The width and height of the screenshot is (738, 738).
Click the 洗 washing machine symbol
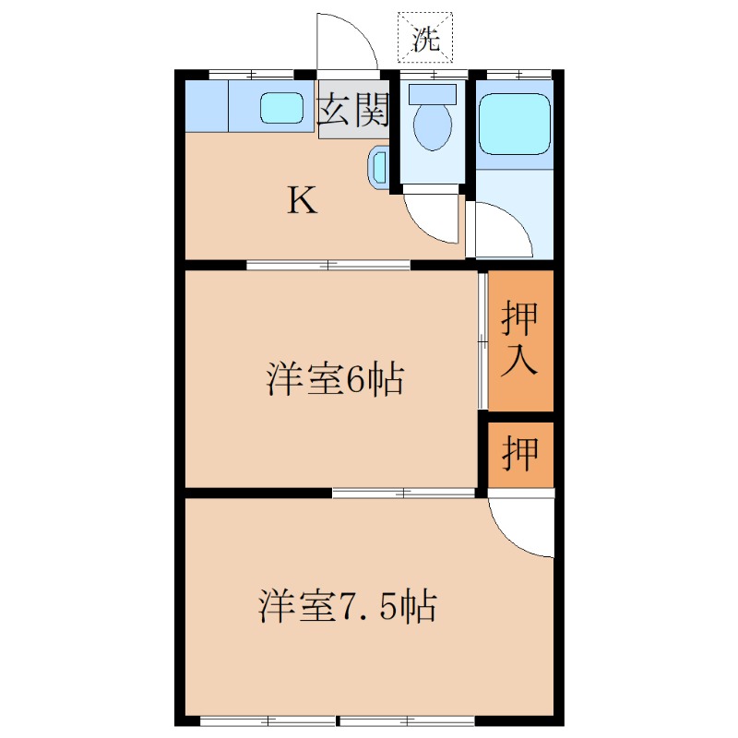coord(425,36)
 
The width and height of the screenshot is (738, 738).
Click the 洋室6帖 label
coord(334,378)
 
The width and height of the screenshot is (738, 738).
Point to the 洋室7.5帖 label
coord(347,606)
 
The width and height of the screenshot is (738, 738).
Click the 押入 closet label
coord(519,339)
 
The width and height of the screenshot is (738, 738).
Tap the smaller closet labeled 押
coord(520,453)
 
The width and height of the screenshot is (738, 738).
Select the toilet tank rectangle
coord(433,93)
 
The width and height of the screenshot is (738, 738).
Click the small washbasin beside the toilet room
coord(379,167)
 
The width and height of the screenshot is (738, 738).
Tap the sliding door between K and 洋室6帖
coord(328,266)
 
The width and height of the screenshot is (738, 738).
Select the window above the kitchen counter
coord(245,73)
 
